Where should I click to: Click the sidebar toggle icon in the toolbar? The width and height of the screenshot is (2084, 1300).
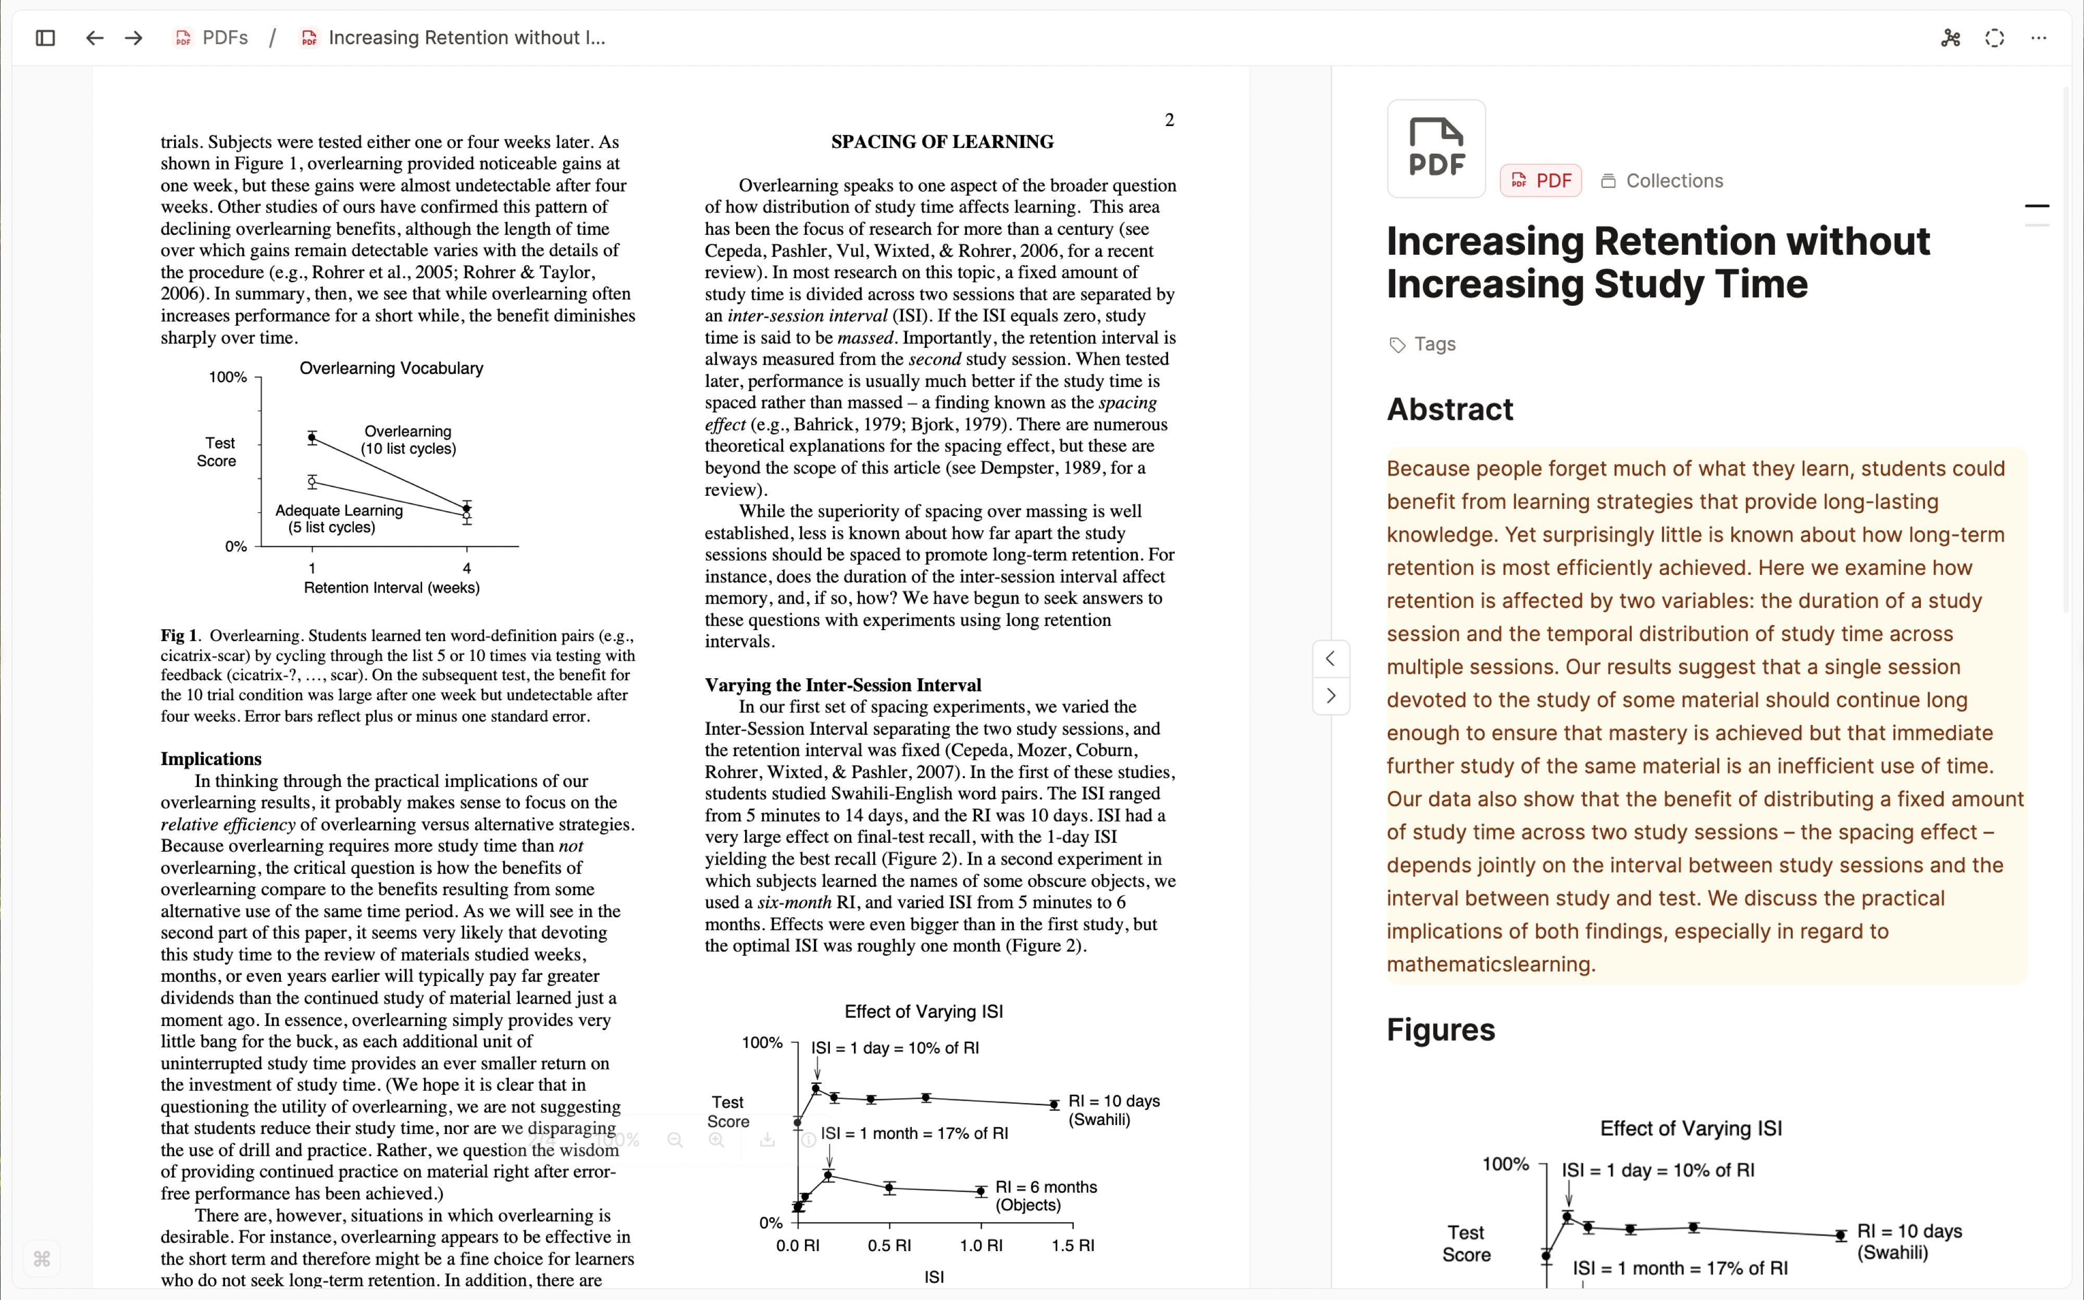click(x=45, y=38)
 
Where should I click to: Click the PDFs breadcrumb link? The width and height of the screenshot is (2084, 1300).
click(x=225, y=38)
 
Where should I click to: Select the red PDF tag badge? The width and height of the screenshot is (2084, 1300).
click(x=1541, y=181)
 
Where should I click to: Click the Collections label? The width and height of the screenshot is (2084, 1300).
click(x=1674, y=181)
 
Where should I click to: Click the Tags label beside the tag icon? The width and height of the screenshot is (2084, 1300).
click(x=1435, y=344)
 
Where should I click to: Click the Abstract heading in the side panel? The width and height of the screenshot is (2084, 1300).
click(x=1449, y=409)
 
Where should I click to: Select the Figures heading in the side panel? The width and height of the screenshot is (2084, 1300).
click(x=1441, y=1029)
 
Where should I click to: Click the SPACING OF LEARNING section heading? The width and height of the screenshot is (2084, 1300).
click(x=942, y=142)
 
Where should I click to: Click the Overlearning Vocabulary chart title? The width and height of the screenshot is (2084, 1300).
click(x=391, y=368)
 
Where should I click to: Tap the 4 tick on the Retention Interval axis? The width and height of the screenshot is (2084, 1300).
click(x=467, y=568)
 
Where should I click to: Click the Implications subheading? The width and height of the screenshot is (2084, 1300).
click(x=210, y=758)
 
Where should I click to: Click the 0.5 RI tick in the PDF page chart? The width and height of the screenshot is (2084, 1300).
click(x=889, y=1245)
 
